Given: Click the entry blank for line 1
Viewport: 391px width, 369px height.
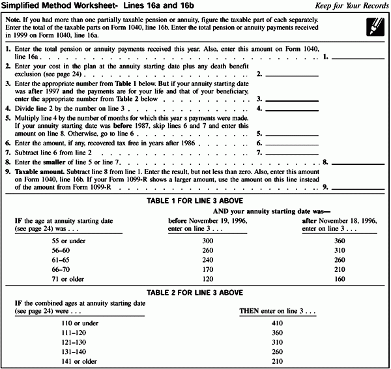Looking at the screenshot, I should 358,58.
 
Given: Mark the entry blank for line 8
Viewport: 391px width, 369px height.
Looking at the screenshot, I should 358,160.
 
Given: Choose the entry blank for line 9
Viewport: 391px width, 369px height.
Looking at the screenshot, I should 358,186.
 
